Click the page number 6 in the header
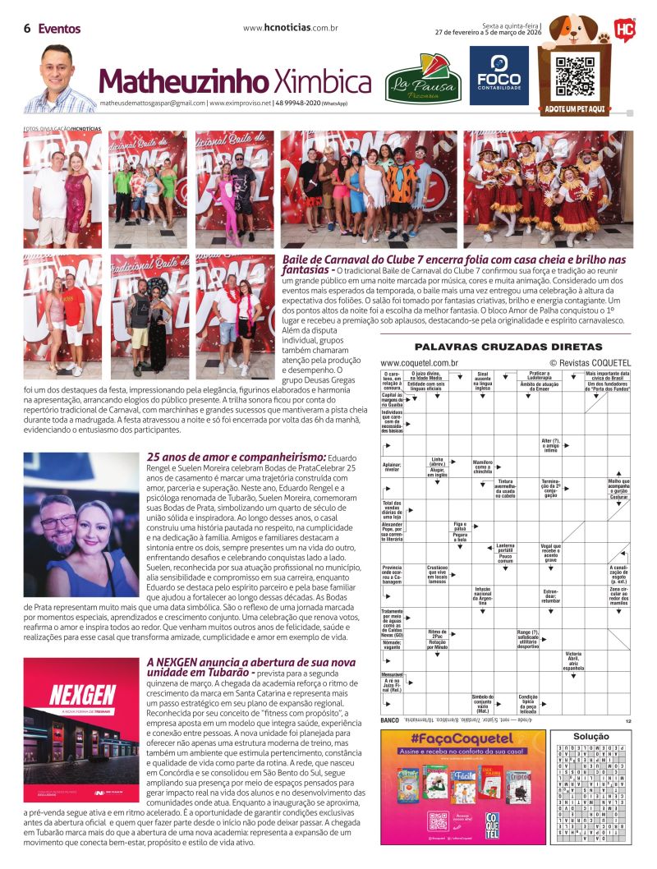(27, 29)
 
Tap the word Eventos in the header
(60, 29)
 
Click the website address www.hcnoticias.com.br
(292, 28)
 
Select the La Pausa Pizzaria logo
(422, 80)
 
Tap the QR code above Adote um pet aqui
(574, 76)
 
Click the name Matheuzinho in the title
(182, 82)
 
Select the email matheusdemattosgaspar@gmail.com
(151, 103)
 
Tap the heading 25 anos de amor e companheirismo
(236, 457)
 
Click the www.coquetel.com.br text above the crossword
(419, 362)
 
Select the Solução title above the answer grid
(591, 737)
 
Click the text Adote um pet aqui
(574, 108)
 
